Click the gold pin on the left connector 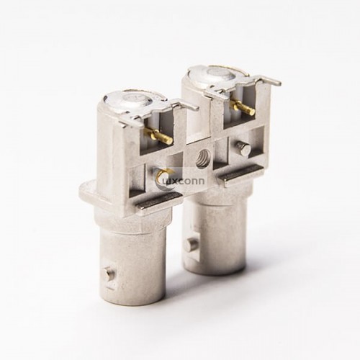point(160,134)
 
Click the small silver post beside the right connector point(243,148)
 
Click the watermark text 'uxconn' point(189,180)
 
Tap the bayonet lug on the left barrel point(107,274)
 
